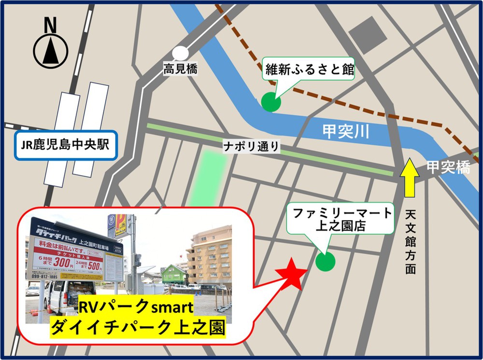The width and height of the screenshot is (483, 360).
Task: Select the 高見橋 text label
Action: (x=180, y=69)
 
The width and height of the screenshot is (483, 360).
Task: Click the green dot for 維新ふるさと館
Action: (x=270, y=102)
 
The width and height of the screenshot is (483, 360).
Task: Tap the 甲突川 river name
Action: (x=346, y=131)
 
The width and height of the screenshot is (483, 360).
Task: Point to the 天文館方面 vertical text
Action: (x=411, y=242)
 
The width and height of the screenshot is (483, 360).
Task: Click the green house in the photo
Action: (x=174, y=276)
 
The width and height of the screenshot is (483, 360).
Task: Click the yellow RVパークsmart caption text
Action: (x=136, y=307)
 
